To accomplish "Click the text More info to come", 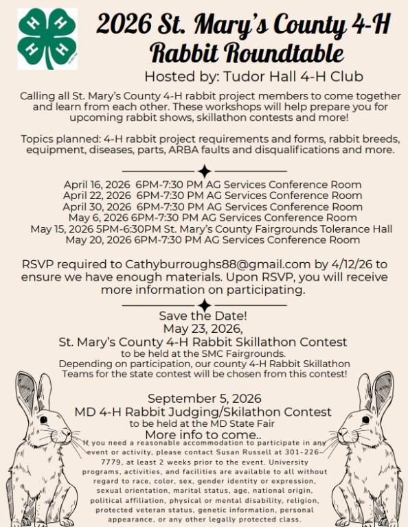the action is pyautogui.click(x=203, y=434).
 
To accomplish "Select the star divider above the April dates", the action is pyautogui.click(x=204, y=171).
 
